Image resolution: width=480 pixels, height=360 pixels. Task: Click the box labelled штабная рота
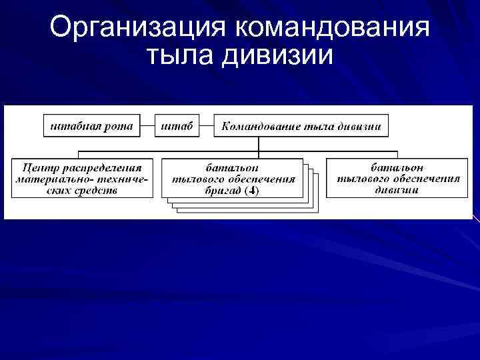pos(92,125)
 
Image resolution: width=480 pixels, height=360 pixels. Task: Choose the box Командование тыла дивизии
pos(301,125)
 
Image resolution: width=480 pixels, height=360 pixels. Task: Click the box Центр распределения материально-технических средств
pos(82,177)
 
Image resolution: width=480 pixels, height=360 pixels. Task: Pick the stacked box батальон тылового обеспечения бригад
pos(232,179)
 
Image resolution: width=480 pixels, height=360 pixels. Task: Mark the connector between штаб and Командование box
pos(207,125)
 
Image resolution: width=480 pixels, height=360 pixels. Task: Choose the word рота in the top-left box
pos(119,125)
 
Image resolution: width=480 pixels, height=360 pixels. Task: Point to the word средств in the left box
pos(97,189)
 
